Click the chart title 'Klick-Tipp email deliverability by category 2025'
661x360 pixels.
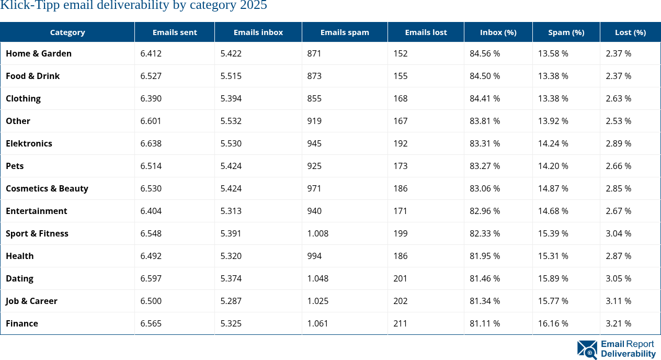coord(134,6)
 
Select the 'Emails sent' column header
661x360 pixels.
coord(175,32)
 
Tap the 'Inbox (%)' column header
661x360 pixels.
coord(498,32)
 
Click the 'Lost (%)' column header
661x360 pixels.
coord(630,32)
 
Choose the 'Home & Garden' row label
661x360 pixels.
coord(39,53)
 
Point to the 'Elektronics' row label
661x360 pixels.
coord(29,143)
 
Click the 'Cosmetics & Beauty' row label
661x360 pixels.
coord(47,188)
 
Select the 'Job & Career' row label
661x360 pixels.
coord(31,301)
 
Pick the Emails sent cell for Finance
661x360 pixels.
coord(151,323)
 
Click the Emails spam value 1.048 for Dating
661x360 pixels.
coord(318,278)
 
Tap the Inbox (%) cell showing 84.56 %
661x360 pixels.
coord(485,53)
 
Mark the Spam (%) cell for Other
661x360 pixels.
coord(553,121)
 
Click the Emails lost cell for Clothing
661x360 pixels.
coord(401,98)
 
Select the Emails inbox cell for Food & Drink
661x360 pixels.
coord(231,76)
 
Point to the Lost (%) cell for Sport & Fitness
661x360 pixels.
coord(619,233)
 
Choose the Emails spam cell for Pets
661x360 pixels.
coord(315,166)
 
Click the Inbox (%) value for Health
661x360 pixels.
coord(485,256)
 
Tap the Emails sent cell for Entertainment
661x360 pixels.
coord(151,211)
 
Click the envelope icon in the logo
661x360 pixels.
coord(587,350)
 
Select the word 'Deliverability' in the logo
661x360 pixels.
coord(628,354)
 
